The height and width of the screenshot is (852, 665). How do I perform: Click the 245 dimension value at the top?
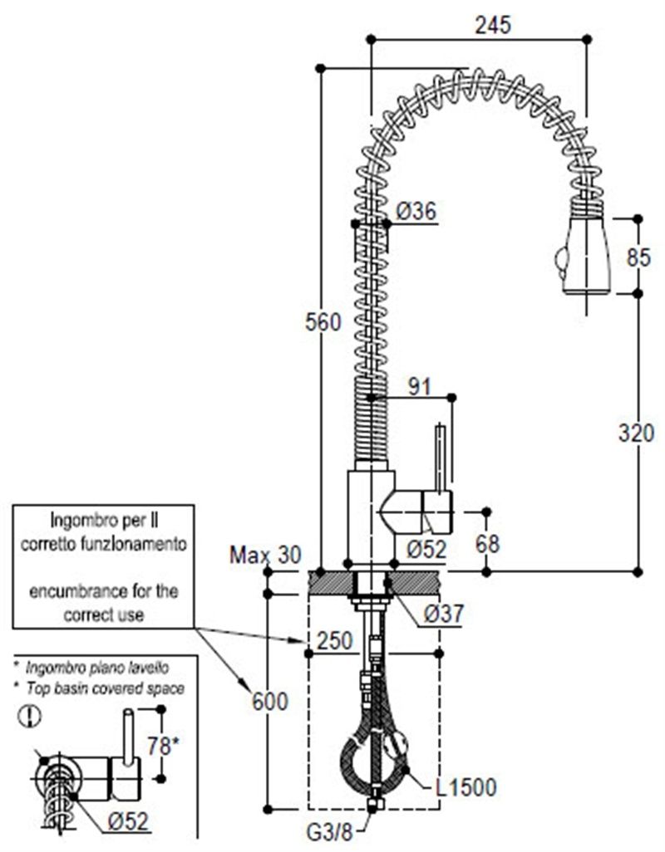(x=493, y=25)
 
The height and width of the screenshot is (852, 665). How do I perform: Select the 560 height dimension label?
(x=323, y=322)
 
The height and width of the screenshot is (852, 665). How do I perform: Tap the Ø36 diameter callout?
(x=416, y=212)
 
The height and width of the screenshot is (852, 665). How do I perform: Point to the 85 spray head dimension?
(x=638, y=257)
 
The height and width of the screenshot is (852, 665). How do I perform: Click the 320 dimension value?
(x=636, y=433)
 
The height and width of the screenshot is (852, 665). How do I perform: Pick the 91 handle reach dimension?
(x=419, y=387)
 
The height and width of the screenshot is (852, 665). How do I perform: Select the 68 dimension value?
(x=487, y=544)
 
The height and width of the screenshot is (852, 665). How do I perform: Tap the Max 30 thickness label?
(x=265, y=556)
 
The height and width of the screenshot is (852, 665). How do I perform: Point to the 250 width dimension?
(x=335, y=640)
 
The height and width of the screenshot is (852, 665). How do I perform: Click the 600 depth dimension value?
(x=269, y=702)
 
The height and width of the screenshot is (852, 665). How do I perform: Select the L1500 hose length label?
(x=466, y=787)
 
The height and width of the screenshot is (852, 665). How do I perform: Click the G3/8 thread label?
(x=330, y=831)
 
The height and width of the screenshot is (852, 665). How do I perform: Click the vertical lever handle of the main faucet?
(x=441, y=460)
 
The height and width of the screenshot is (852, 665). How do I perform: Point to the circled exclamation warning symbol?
(x=29, y=716)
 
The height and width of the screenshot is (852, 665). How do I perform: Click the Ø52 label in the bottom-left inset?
(x=128, y=821)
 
